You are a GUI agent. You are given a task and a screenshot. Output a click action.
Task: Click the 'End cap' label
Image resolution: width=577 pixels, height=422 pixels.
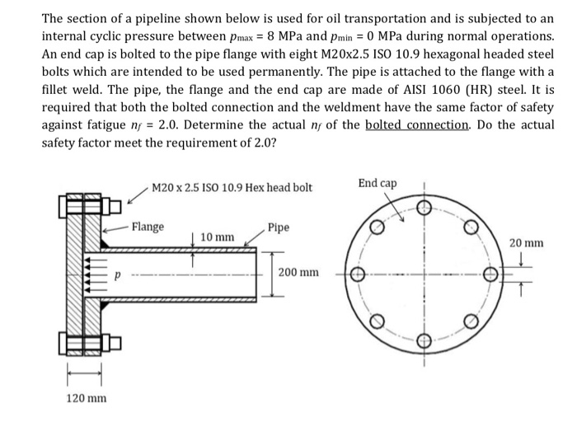pos(377,182)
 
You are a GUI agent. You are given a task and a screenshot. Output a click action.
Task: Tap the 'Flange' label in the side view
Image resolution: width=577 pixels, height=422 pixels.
pos(148,227)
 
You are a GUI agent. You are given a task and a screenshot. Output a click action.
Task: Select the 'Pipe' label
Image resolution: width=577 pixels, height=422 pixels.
pos(279,227)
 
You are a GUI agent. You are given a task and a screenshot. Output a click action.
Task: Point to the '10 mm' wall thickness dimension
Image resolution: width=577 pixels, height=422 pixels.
pos(217,237)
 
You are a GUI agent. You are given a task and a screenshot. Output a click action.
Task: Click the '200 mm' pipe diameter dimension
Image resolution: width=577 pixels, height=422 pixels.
pos(298,272)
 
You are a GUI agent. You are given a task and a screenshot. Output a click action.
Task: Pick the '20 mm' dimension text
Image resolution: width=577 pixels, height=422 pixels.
pos(525,243)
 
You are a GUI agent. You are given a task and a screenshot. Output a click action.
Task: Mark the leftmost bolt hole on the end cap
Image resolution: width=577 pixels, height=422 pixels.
pos(358,274)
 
